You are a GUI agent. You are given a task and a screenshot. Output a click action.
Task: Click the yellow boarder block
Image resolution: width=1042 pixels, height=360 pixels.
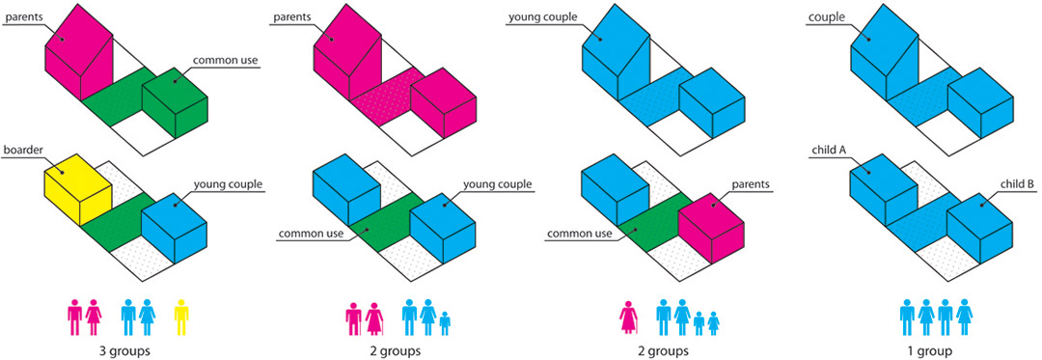(77, 188)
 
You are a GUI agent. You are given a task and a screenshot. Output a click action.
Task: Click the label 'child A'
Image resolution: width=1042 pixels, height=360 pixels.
(827, 150)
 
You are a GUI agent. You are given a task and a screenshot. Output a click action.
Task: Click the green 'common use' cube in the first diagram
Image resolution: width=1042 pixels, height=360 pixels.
(175, 102)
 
